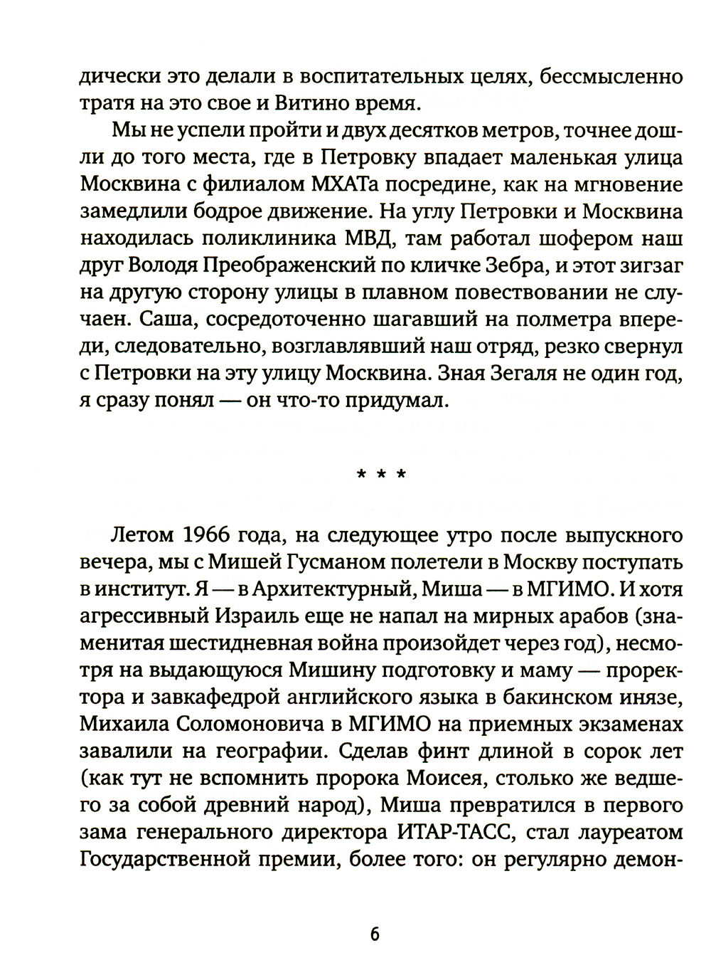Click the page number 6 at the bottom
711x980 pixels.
[374, 934]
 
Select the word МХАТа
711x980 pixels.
[329, 185]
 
